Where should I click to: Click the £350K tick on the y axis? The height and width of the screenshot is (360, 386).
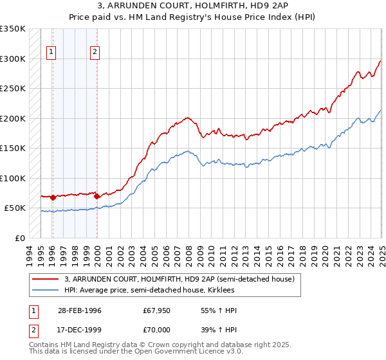pos(13,29)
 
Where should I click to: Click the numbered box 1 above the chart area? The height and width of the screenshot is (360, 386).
pos(51,53)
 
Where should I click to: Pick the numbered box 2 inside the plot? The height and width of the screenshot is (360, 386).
pos(95,53)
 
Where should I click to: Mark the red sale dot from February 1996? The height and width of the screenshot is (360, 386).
pos(52,197)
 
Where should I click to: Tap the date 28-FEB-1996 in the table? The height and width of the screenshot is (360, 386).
pos(80,310)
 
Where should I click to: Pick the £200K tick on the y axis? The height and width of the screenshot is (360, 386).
pos(13,118)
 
